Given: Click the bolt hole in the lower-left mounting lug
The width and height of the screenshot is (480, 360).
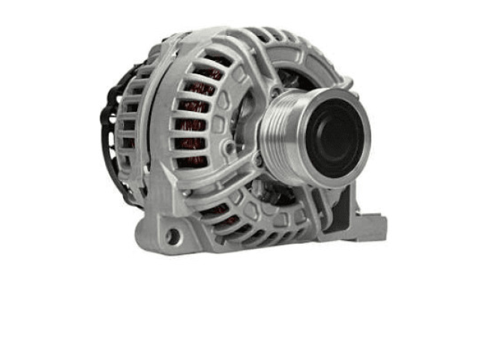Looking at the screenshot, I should click(x=172, y=237).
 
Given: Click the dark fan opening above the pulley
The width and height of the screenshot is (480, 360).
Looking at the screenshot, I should click(x=296, y=71).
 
